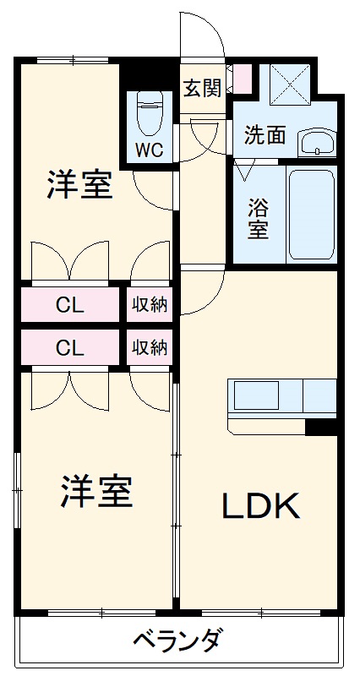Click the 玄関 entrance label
point(203,87)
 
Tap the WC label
point(150,150)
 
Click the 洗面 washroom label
point(265,135)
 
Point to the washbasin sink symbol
point(318,141)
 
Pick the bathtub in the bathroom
point(312,215)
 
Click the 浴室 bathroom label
point(258,217)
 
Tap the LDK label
point(260,505)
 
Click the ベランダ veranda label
point(178,641)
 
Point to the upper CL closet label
point(70,305)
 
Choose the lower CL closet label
point(70,347)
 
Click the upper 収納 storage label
point(150,305)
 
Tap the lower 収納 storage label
point(150,347)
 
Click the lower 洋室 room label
point(96,492)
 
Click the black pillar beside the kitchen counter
point(321,427)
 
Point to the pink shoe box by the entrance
point(242,79)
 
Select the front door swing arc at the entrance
point(203,38)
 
